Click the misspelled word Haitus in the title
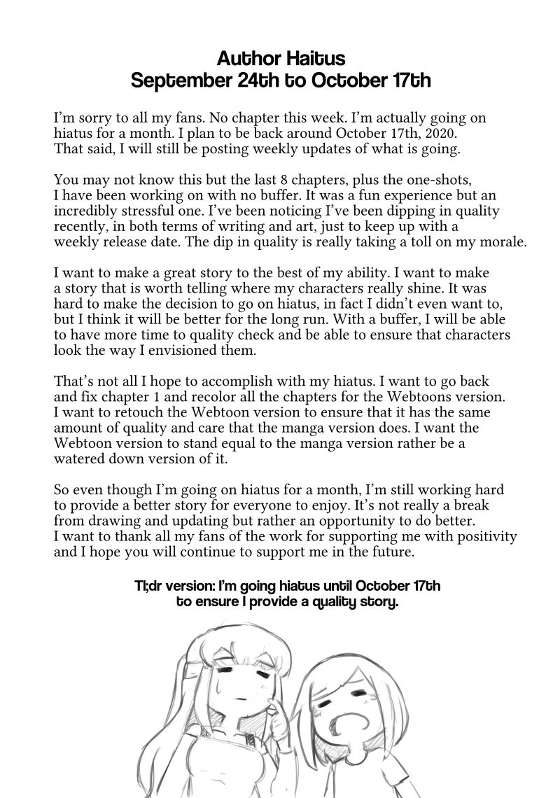tap(310, 56)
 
